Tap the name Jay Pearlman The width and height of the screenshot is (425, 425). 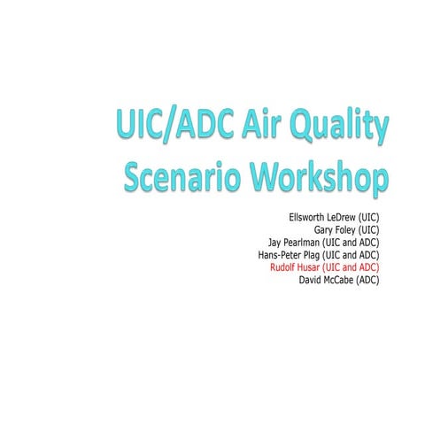[x=294, y=241]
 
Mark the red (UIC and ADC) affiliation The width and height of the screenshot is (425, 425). [x=354, y=266]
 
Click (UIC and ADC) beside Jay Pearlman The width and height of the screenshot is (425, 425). [x=354, y=241]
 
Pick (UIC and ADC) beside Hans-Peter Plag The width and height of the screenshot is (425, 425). [x=354, y=253]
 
